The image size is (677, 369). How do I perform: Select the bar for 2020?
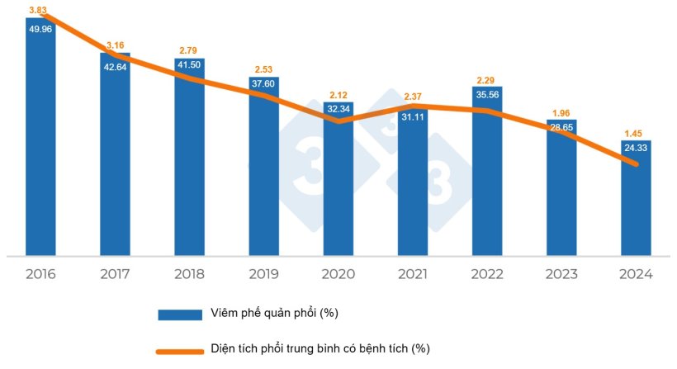(338, 190)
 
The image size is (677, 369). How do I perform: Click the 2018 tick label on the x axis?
(189, 274)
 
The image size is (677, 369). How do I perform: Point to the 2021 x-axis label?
(412, 274)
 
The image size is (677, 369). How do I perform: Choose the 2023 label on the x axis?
(561, 274)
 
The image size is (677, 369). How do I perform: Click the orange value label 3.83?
(37, 9)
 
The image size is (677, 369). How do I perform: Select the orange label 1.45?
(636, 133)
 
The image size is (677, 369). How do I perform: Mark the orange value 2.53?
(263, 69)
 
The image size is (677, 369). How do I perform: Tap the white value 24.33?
(636, 149)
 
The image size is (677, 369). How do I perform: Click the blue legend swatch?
(180, 314)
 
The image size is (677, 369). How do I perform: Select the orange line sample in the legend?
(180, 351)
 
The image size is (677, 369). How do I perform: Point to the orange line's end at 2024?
(637, 164)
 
